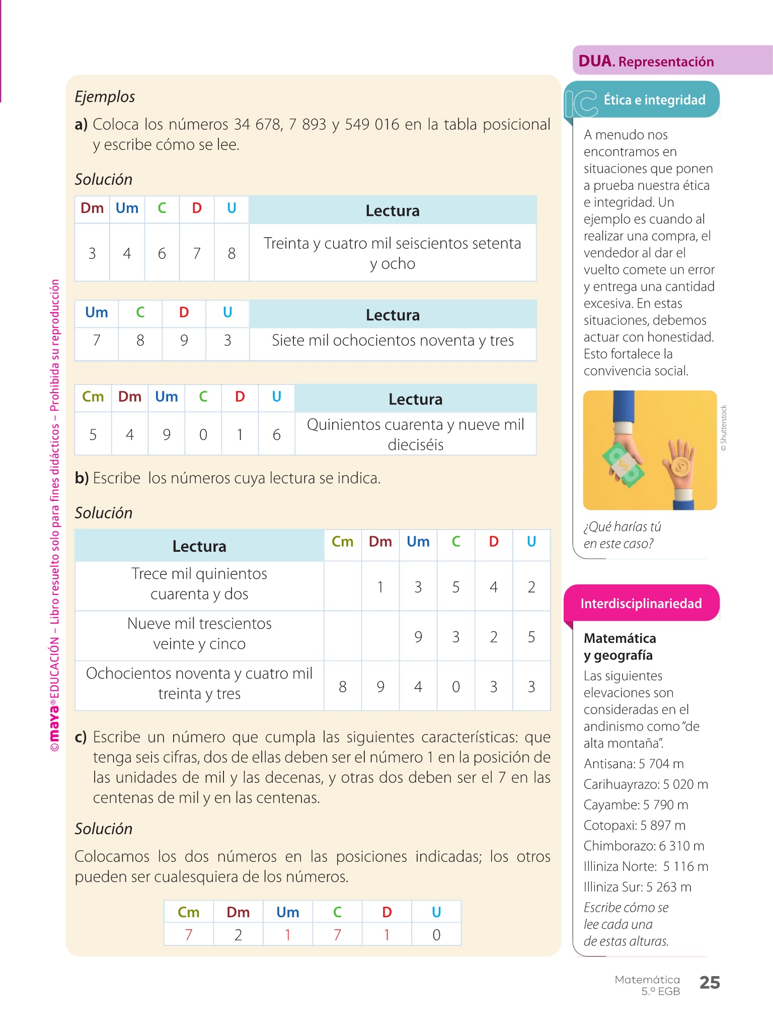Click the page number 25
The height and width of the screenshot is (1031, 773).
pyautogui.click(x=710, y=982)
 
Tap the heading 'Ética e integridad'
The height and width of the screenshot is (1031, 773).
pyautogui.click(x=654, y=100)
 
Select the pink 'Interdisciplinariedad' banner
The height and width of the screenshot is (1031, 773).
pyautogui.click(x=641, y=603)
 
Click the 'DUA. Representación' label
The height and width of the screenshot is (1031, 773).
pyautogui.click(x=646, y=61)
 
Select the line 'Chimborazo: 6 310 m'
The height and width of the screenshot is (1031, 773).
pyautogui.click(x=644, y=846)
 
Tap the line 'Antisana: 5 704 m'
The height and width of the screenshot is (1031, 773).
pyautogui.click(x=634, y=764)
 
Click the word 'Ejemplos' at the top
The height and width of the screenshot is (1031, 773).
pyautogui.click(x=105, y=96)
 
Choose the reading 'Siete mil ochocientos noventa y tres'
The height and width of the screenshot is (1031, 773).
pyautogui.click(x=393, y=341)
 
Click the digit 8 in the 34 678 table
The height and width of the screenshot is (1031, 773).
pyautogui.click(x=231, y=253)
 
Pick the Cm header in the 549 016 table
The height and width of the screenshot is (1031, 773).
pyautogui.click(x=93, y=397)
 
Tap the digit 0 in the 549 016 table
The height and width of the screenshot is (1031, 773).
pyautogui.click(x=203, y=434)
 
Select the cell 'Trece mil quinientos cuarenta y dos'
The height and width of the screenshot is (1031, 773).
pyautogui.click(x=199, y=584)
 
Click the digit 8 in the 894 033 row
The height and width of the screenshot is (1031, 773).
pyautogui.click(x=343, y=687)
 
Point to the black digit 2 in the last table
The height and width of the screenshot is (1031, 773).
pyautogui.click(x=238, y=935)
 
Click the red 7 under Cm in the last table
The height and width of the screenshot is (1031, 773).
pyautogui.click(x=189, y=935)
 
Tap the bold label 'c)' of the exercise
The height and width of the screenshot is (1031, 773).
pyautogui.click(x=81, y=737)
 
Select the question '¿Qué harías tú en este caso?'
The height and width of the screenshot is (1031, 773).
pyautogui.click(x=622, y=535)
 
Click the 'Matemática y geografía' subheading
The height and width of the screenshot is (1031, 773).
pyautogui.click(x=620, y=646)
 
